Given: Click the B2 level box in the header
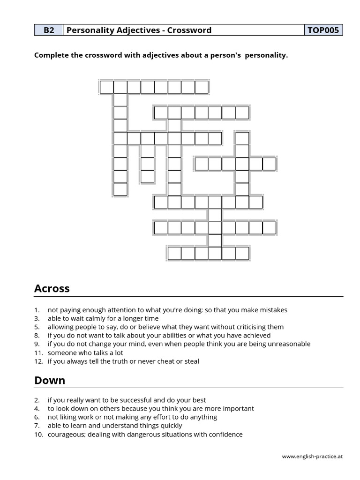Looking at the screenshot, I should click(49, 30).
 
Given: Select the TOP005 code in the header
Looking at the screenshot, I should click(323, 30).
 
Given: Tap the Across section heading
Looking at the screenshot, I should click(52, 289).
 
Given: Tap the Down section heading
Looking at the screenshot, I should click(49, 381).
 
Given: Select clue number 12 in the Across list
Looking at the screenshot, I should click(38, 361).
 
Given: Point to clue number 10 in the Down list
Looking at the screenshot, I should click(38, 435).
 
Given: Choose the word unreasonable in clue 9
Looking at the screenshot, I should click(289, 344).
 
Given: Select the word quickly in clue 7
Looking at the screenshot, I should click(171, 426).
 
